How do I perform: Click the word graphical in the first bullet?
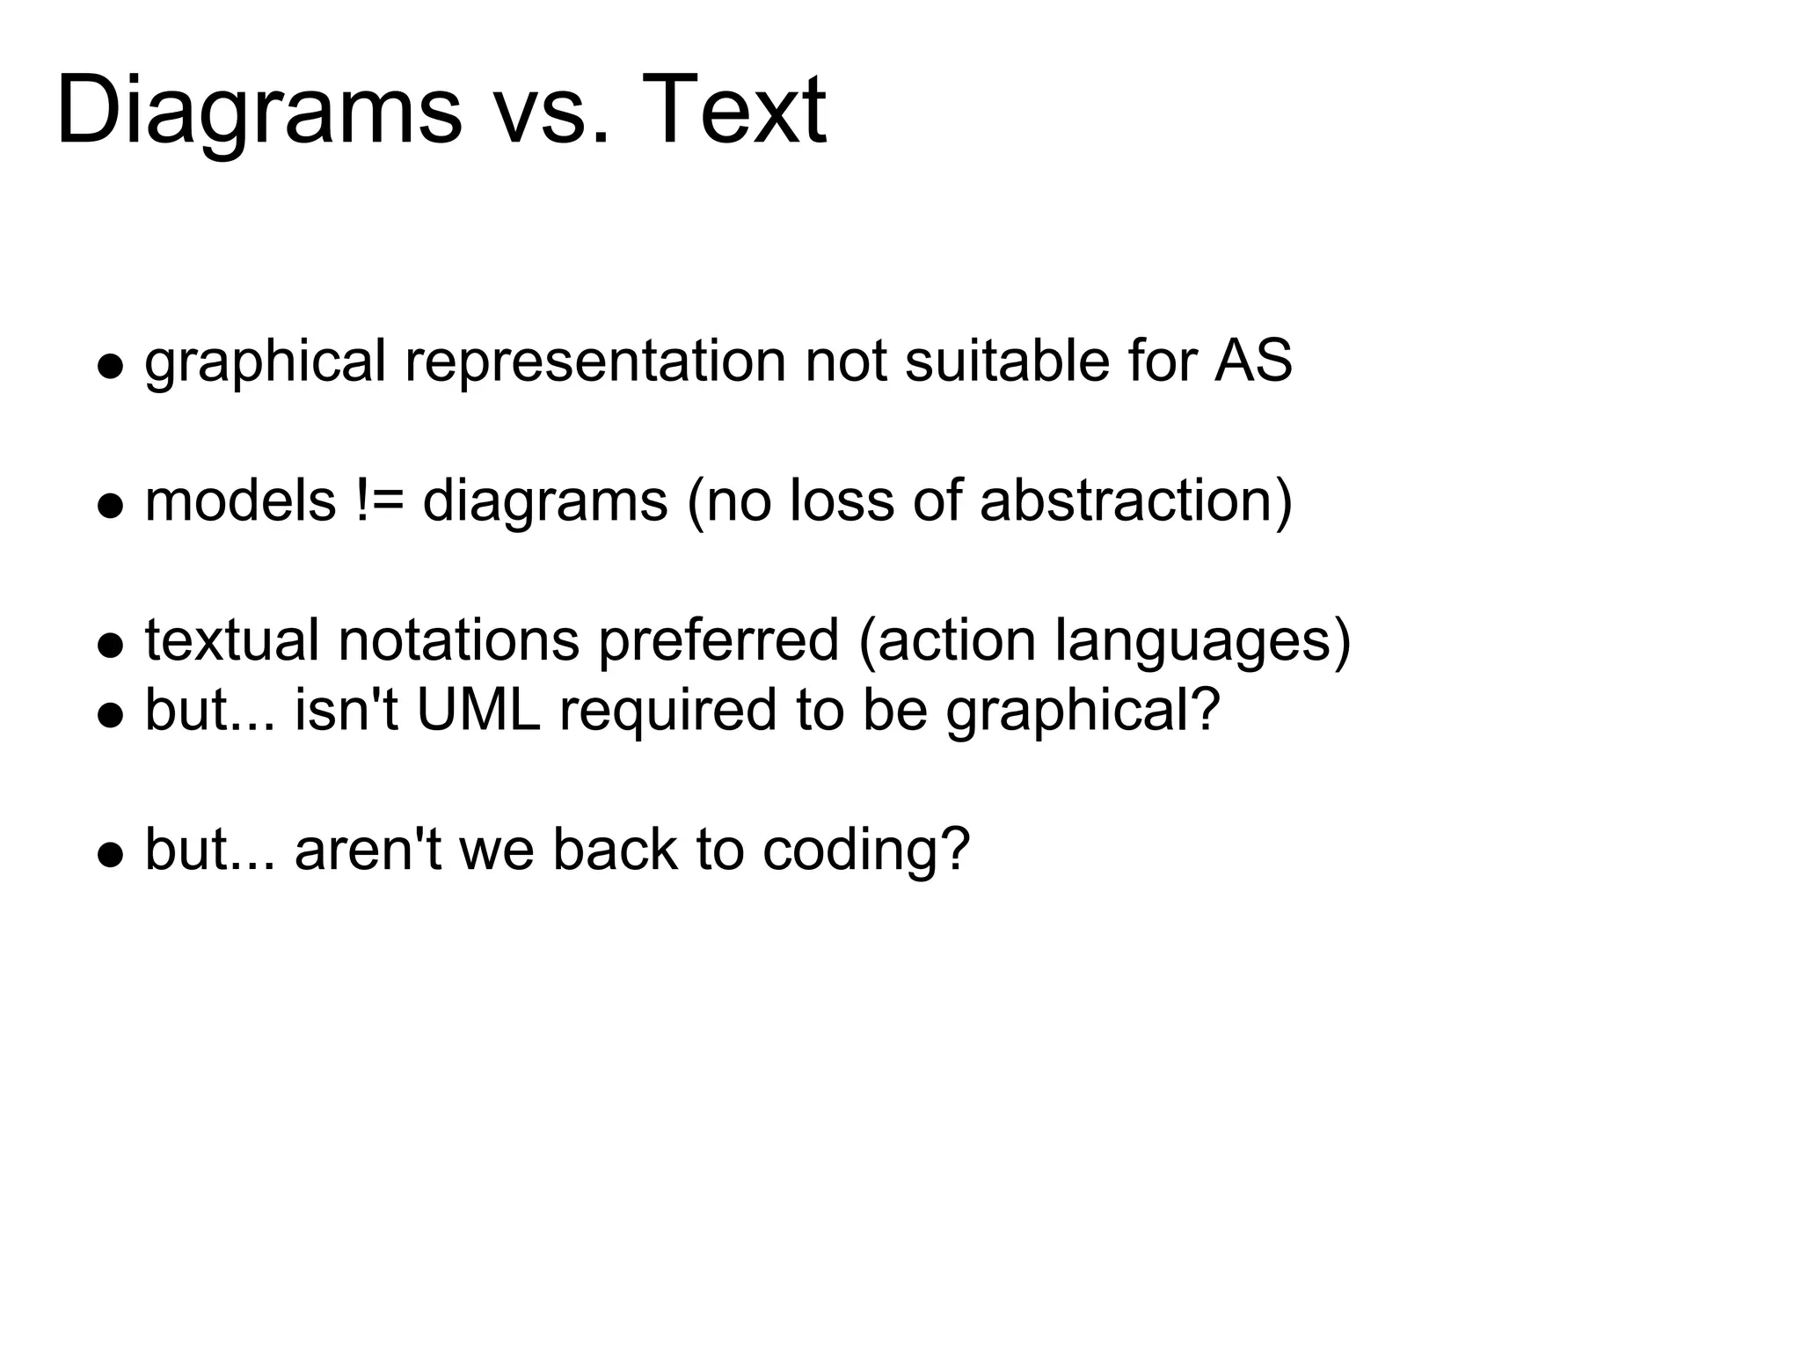[265, 362]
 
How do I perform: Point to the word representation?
[594, 362]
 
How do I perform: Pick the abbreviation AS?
[1253, 361]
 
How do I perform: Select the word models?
[240, 500]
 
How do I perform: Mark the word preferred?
[718, 641]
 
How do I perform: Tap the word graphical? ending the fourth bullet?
[1083, 711]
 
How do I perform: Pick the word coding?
[866, 851]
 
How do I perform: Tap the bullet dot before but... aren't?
[110, 856]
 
